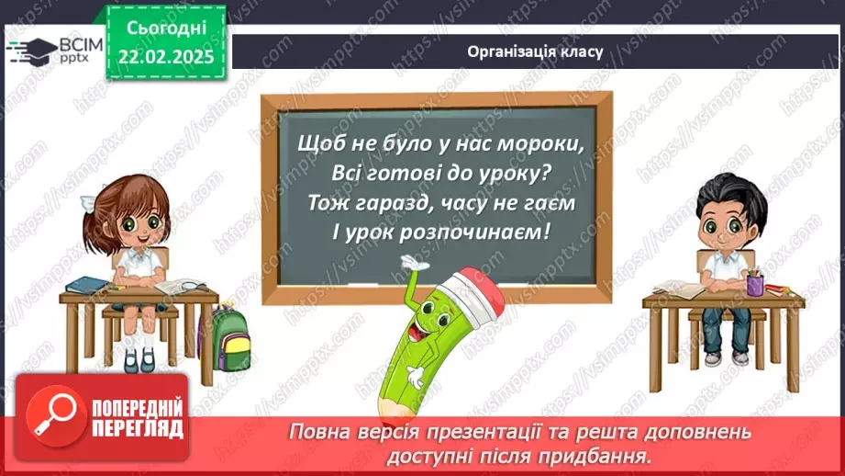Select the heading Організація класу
pyautogui.click(x=534, y=51)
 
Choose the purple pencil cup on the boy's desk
pyautogui.click(x=754, y=284)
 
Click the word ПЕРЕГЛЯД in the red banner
pyautogui.click(x=137, y=430)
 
